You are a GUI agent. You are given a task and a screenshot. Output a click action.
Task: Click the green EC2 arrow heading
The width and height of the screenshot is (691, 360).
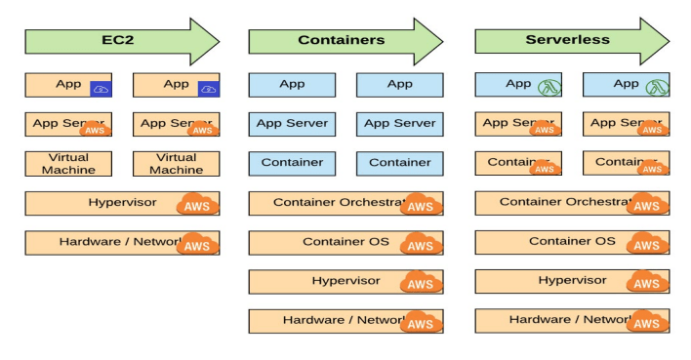point(117,41)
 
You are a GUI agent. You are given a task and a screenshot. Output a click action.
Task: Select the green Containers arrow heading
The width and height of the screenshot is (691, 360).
point(342,41)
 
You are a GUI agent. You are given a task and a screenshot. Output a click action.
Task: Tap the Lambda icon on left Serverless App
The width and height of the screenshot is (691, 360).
point(549,87)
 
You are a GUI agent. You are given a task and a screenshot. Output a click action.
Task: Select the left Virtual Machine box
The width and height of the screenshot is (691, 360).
point(68,163)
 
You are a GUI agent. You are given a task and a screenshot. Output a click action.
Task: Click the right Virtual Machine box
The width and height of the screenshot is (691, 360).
point(176,163)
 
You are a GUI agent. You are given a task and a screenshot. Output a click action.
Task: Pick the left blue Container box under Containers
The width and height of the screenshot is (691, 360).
point(292,163)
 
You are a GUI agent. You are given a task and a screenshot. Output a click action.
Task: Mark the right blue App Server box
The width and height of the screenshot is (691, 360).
point(399,124)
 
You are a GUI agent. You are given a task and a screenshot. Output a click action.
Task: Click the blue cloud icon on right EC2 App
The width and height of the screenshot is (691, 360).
point(207,89)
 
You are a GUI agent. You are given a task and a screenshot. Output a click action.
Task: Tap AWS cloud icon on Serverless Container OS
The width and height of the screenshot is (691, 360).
point(646,245)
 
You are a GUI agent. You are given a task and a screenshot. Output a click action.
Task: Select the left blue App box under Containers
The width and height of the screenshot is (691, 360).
point(292,85)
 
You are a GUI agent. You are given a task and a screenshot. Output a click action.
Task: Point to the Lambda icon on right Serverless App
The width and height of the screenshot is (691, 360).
point(657,87)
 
